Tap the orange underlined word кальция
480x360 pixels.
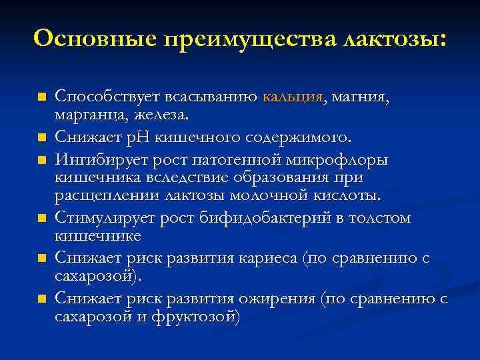293,97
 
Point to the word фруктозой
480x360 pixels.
199,316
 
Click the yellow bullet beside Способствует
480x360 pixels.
41,98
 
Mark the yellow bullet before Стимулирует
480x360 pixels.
41,219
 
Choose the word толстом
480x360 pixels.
381,218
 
